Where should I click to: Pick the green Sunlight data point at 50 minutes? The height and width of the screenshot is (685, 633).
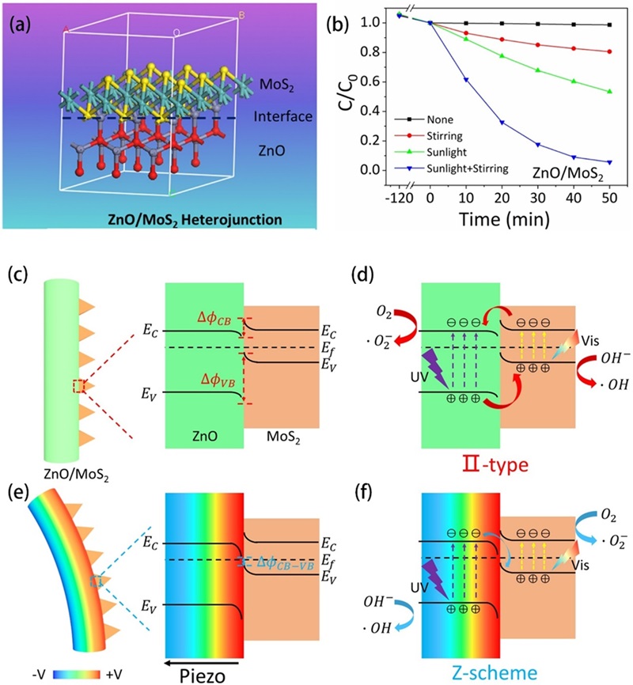coord(608,92)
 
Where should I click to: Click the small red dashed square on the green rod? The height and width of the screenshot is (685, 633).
coord(78,386)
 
